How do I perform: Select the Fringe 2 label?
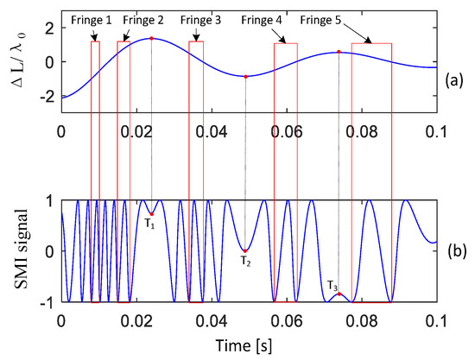151,17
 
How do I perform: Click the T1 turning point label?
149,226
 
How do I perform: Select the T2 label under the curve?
245,260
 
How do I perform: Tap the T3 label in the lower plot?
332,285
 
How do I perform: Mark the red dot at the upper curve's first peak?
151,38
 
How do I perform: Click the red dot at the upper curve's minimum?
245,77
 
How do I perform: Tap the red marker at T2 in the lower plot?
245,250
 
